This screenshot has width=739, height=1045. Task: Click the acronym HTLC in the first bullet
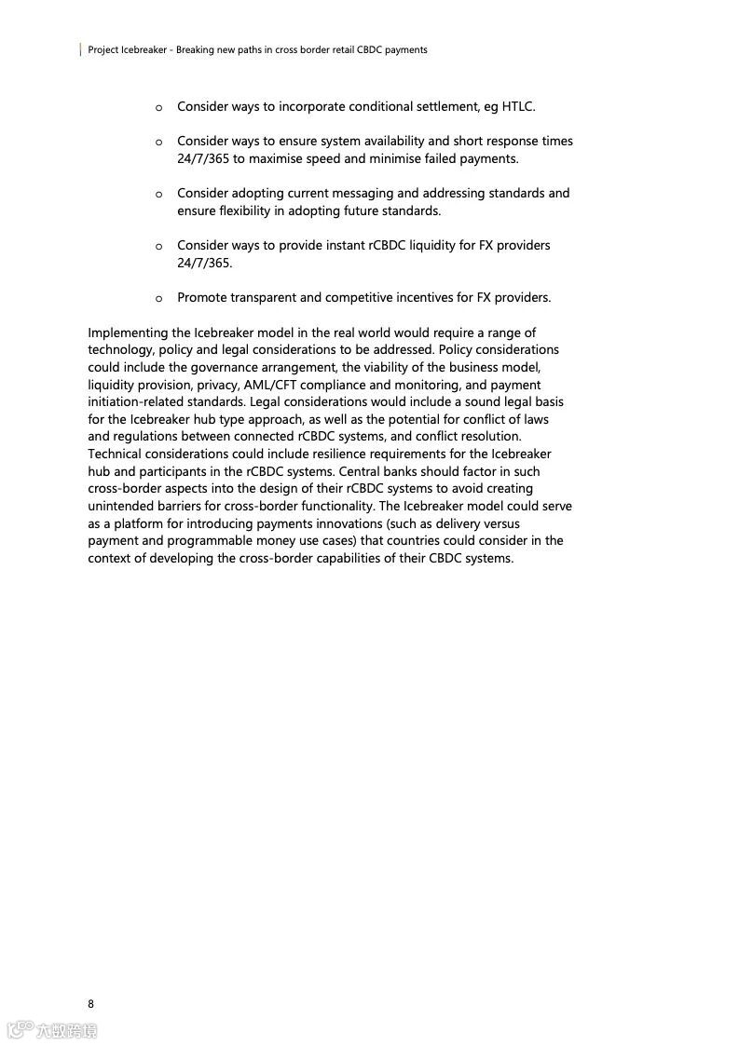518,107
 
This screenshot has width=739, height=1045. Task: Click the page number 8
90,1003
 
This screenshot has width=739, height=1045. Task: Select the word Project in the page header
103,50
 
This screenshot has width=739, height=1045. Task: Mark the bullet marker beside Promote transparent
158,299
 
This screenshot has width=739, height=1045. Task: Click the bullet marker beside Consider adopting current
158,194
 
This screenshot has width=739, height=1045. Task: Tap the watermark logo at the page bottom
52,1029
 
